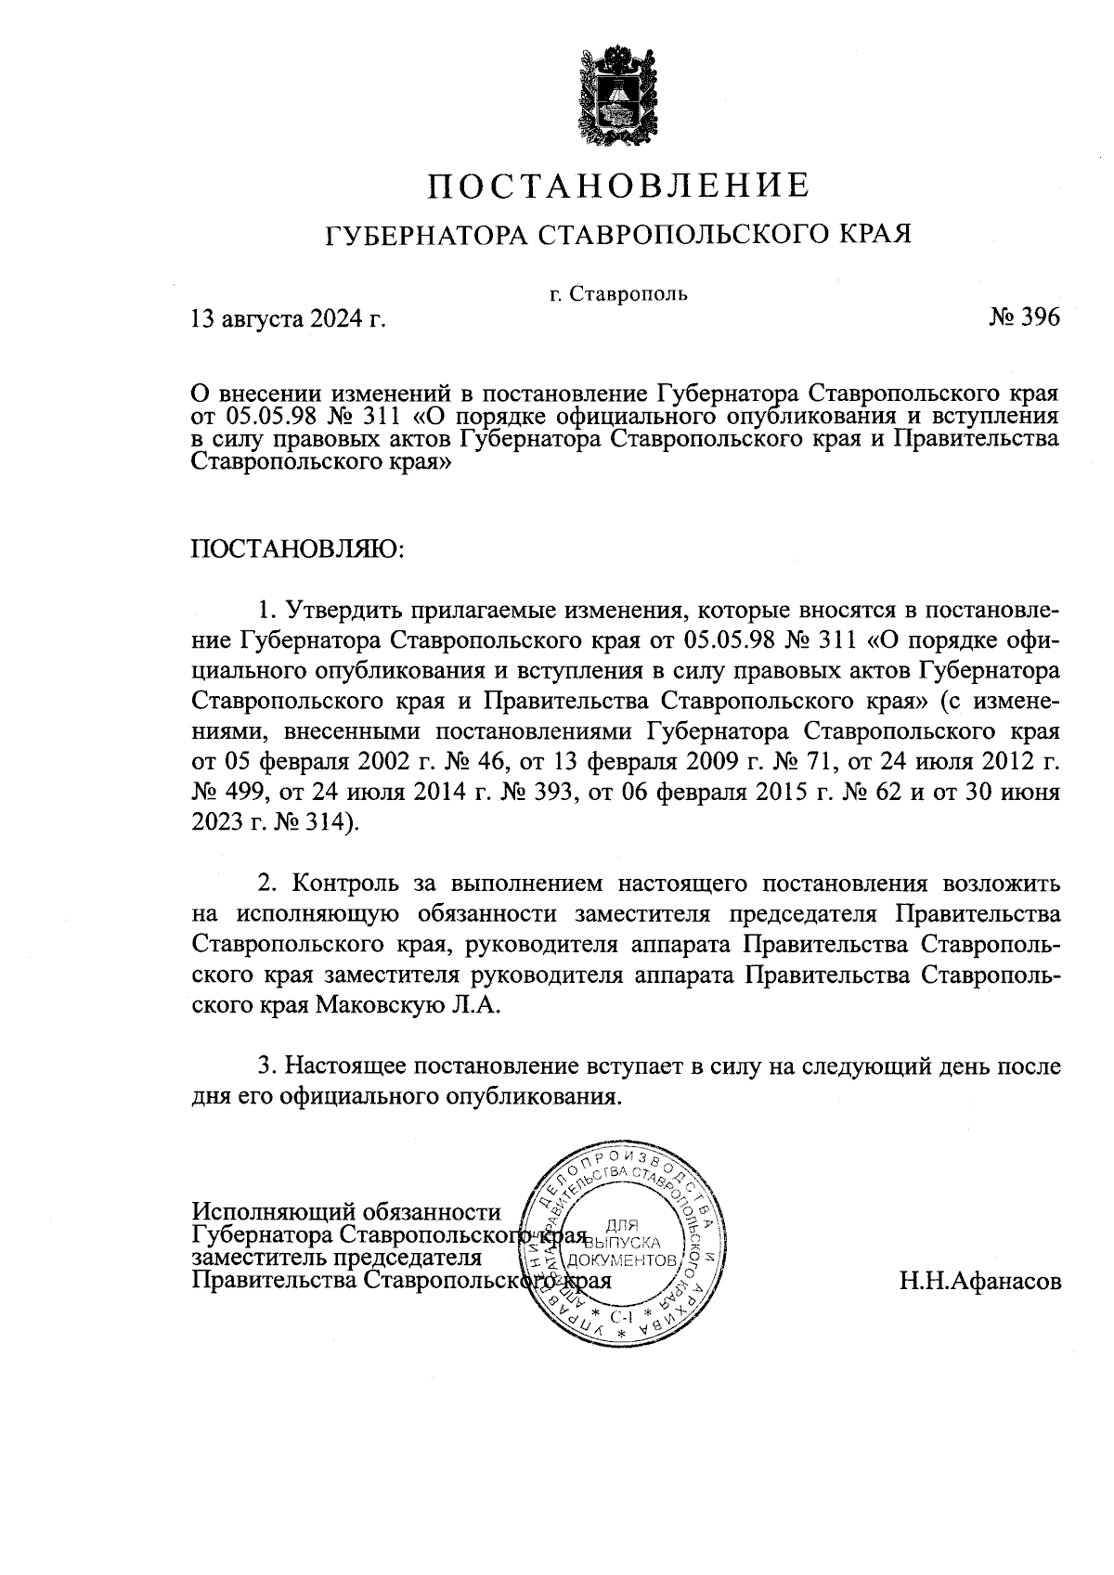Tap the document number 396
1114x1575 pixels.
1040,317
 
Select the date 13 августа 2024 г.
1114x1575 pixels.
288,320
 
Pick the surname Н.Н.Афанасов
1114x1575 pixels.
978,1282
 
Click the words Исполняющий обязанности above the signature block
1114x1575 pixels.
345,1212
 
